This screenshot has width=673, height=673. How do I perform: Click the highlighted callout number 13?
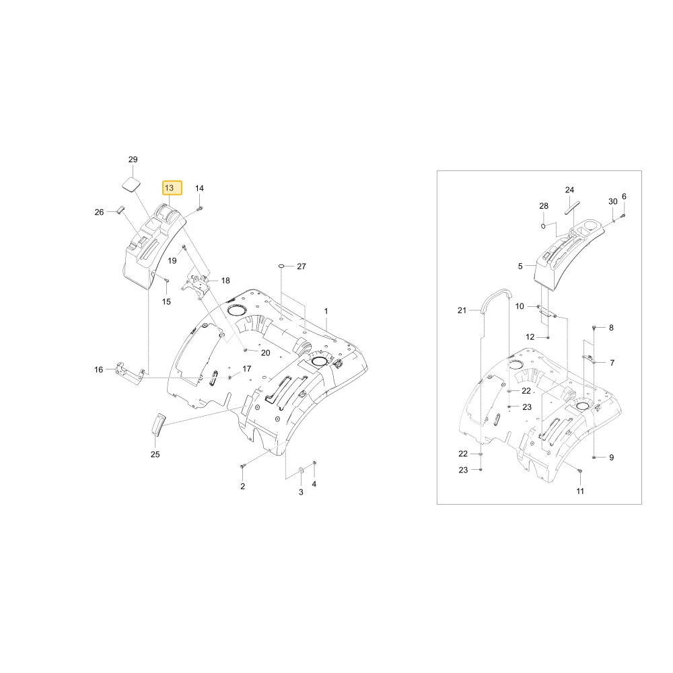172,188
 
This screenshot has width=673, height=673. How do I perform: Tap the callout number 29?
133,160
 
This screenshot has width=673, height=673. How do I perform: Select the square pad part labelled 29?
131,184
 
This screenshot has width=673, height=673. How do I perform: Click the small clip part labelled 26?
120,209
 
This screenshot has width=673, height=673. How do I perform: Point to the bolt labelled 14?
200,209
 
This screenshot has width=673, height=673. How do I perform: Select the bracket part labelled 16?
129,373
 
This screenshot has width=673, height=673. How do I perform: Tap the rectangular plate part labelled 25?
158,425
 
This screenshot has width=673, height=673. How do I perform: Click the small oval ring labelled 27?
281,266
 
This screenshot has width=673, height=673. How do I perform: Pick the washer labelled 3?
301,471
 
